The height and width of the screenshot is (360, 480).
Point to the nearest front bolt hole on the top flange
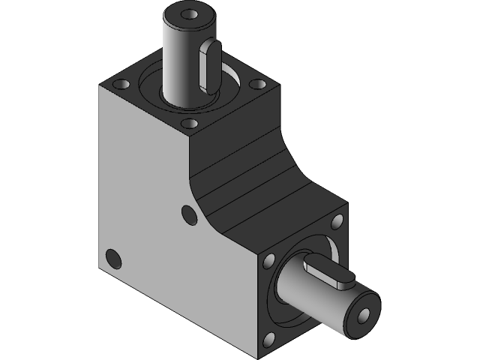(x=190, y=122)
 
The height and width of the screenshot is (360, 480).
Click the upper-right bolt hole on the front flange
(x=336, y=221)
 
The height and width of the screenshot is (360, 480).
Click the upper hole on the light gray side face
(x=188, y=216)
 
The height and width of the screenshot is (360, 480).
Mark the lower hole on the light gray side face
(x=115, y=258)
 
